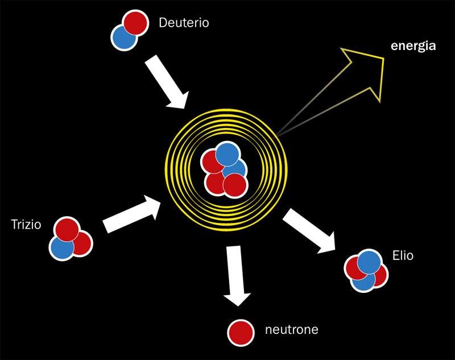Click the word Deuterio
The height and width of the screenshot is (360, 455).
click(184, 24)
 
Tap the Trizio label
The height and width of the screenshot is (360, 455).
click(26, 225)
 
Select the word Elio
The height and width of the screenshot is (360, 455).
click(403, 256)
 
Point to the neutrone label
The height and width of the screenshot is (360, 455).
click(291, 329)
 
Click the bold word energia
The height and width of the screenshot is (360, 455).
click(413, 46)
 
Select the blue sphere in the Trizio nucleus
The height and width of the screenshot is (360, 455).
click(62, 247)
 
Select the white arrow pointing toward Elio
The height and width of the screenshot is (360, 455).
click(308, 230)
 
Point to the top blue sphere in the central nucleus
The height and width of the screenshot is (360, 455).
click(227, 154)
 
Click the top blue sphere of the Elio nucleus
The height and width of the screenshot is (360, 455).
click(370, 262)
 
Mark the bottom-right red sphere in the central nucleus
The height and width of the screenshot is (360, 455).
click(235, 185)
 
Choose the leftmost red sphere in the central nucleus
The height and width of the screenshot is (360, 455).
click(210, 163)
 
